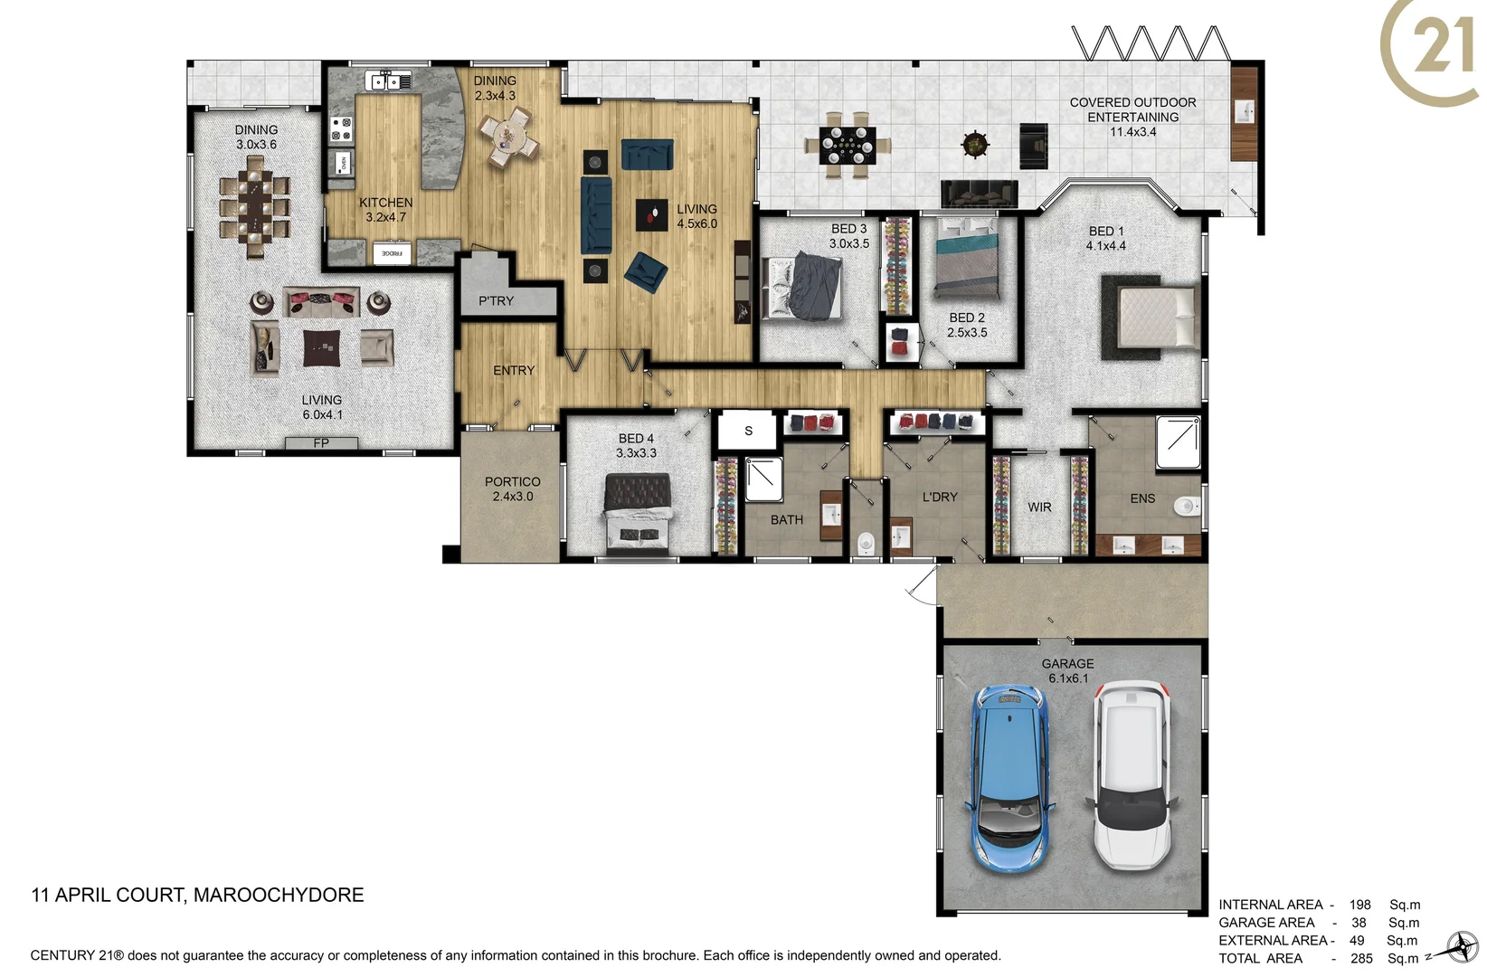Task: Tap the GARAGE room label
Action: (x=1067, y=664)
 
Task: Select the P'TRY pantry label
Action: (x=496, y=301)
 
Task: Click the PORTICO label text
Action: (x=512, y=482)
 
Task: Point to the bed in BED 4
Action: (x=639, y=513)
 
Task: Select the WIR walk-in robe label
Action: (x=1039, y=507)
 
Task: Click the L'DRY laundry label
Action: (x=940, y=498)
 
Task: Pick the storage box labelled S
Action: (x=748, y=432)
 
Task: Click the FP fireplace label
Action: (x=321, y=443)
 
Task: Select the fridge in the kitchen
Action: (x=392, y=253)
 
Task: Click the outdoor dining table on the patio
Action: (x=848, y=145)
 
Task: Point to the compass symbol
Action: (x=1459, y=947)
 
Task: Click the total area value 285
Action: (x=1361, y=958)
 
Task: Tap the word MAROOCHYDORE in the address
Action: (x=279, y=896)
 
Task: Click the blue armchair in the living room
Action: (x=647, y=270)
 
